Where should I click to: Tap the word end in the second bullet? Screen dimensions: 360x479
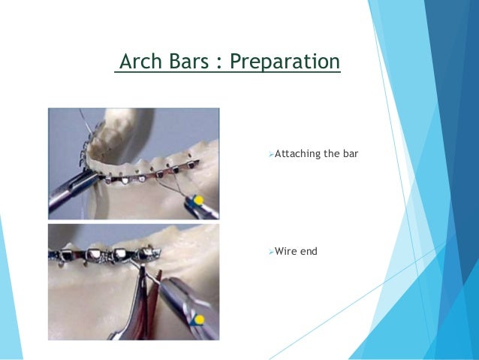(x=309, y=250)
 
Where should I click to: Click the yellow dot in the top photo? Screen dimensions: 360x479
(x=199, y=200)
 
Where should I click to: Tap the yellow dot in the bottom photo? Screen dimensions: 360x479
(x=198, y=319)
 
